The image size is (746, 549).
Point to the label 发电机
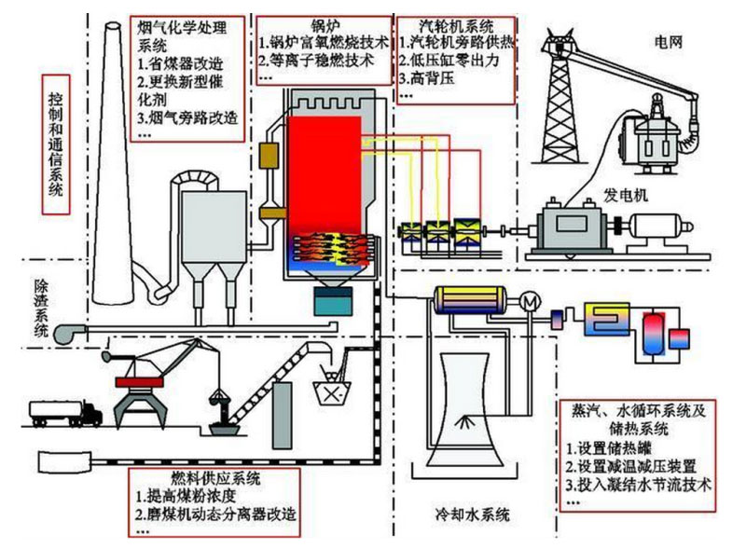pos(626,196)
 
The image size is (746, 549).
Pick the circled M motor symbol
pos(531,301)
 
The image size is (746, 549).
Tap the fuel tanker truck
pos(65,410)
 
